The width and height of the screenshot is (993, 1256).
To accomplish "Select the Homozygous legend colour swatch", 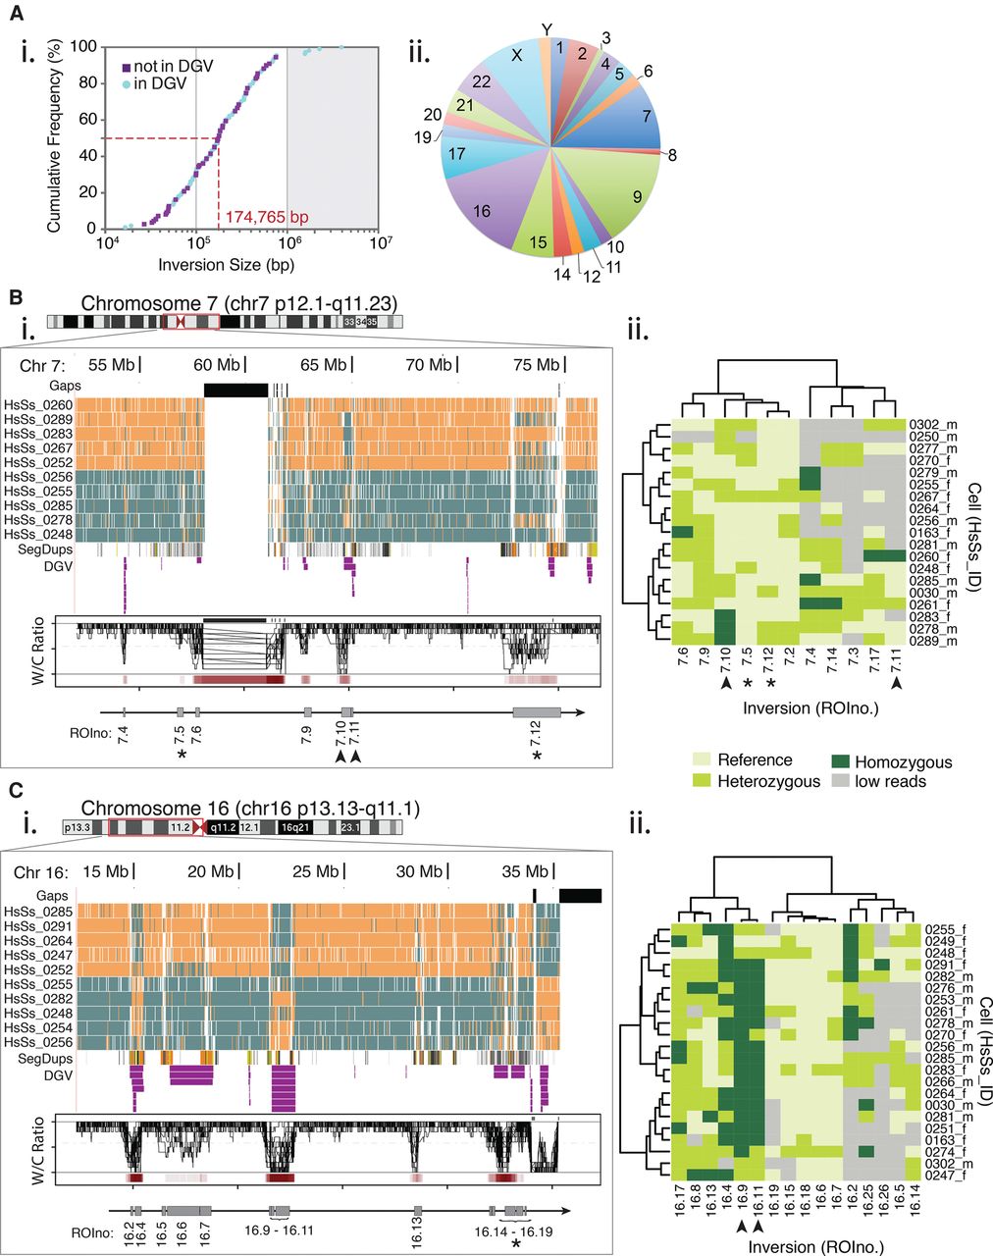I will tap(835, 761).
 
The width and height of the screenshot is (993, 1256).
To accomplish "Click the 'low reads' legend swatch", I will tap(835, 782).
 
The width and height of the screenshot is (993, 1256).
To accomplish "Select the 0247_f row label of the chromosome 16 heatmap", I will tap(945, 1174).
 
